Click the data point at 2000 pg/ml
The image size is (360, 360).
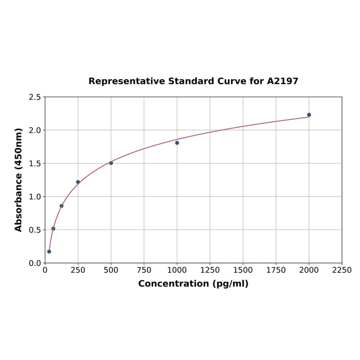click(309, 115)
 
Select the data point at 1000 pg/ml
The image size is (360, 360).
click(177, 143)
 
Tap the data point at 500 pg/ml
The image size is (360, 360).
click(111, 163)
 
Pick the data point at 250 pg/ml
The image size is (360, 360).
click(78, 182)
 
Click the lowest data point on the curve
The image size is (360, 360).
click(49, 252)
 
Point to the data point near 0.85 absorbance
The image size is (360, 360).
click(61, 206)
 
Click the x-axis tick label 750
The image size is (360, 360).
click(144, 270)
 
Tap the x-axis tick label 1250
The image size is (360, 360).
click(210, 270)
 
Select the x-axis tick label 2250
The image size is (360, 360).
click(342, 270)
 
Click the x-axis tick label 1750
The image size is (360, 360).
click(276, 270)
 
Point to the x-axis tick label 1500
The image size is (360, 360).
click(243, 270)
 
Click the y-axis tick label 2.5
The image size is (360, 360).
click(35, 97)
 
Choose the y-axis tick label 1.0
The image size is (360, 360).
click(35, 196)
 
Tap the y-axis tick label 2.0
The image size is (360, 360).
click(35, 130)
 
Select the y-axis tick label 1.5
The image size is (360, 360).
click(35, 164)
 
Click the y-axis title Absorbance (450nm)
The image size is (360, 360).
click(19, 180)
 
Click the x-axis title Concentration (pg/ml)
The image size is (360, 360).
click(193, 284)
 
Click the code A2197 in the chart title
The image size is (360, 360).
click(283, 81)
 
